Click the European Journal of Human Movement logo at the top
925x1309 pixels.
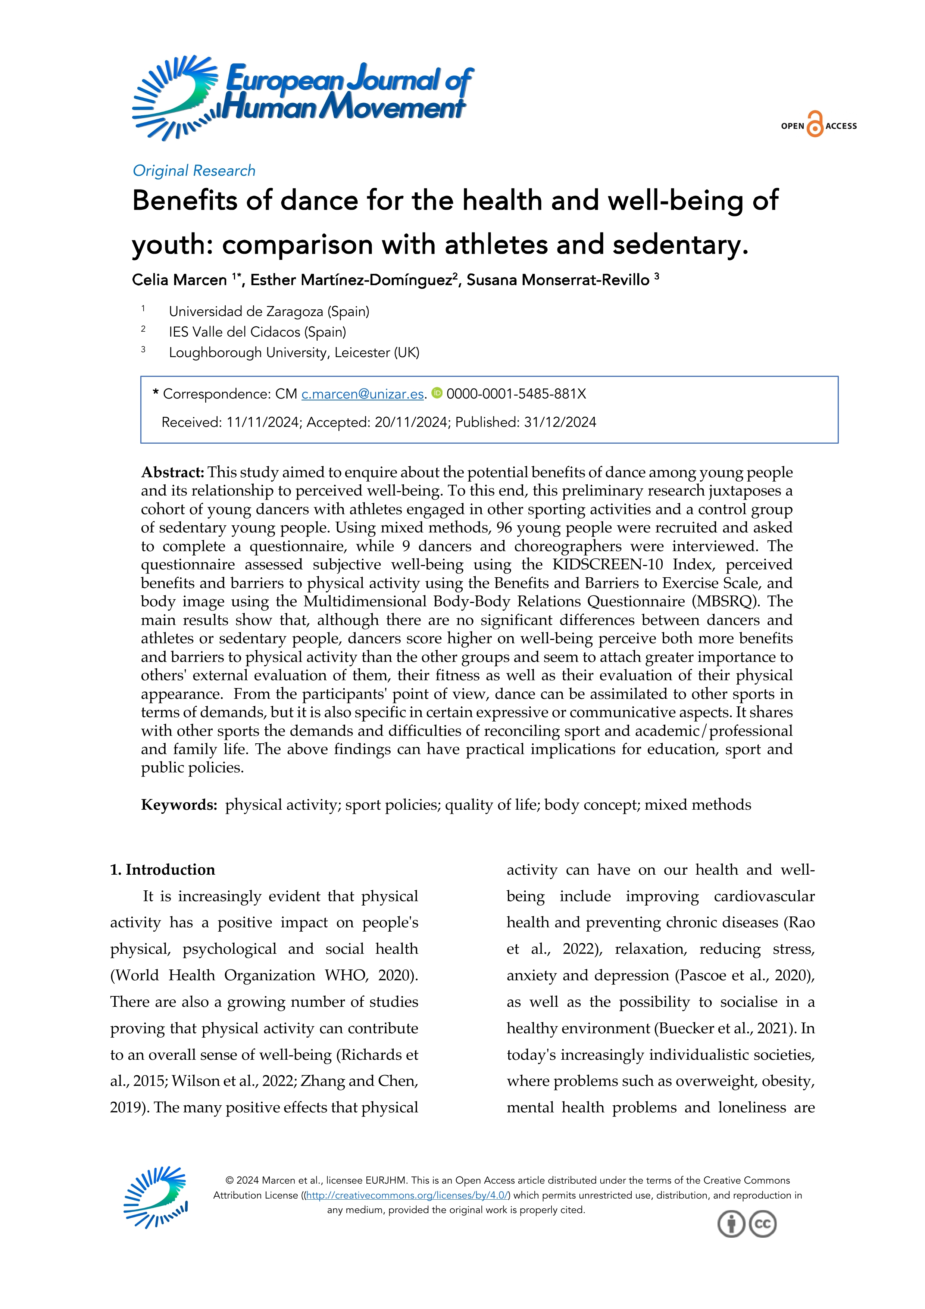point(302,97)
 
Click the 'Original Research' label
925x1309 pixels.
point(194,171)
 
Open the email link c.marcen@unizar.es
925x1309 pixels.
point(362,394)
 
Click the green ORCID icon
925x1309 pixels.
point(437,393)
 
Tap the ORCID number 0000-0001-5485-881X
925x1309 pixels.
point(516,394)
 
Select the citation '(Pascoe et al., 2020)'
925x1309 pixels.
point(744,975)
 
